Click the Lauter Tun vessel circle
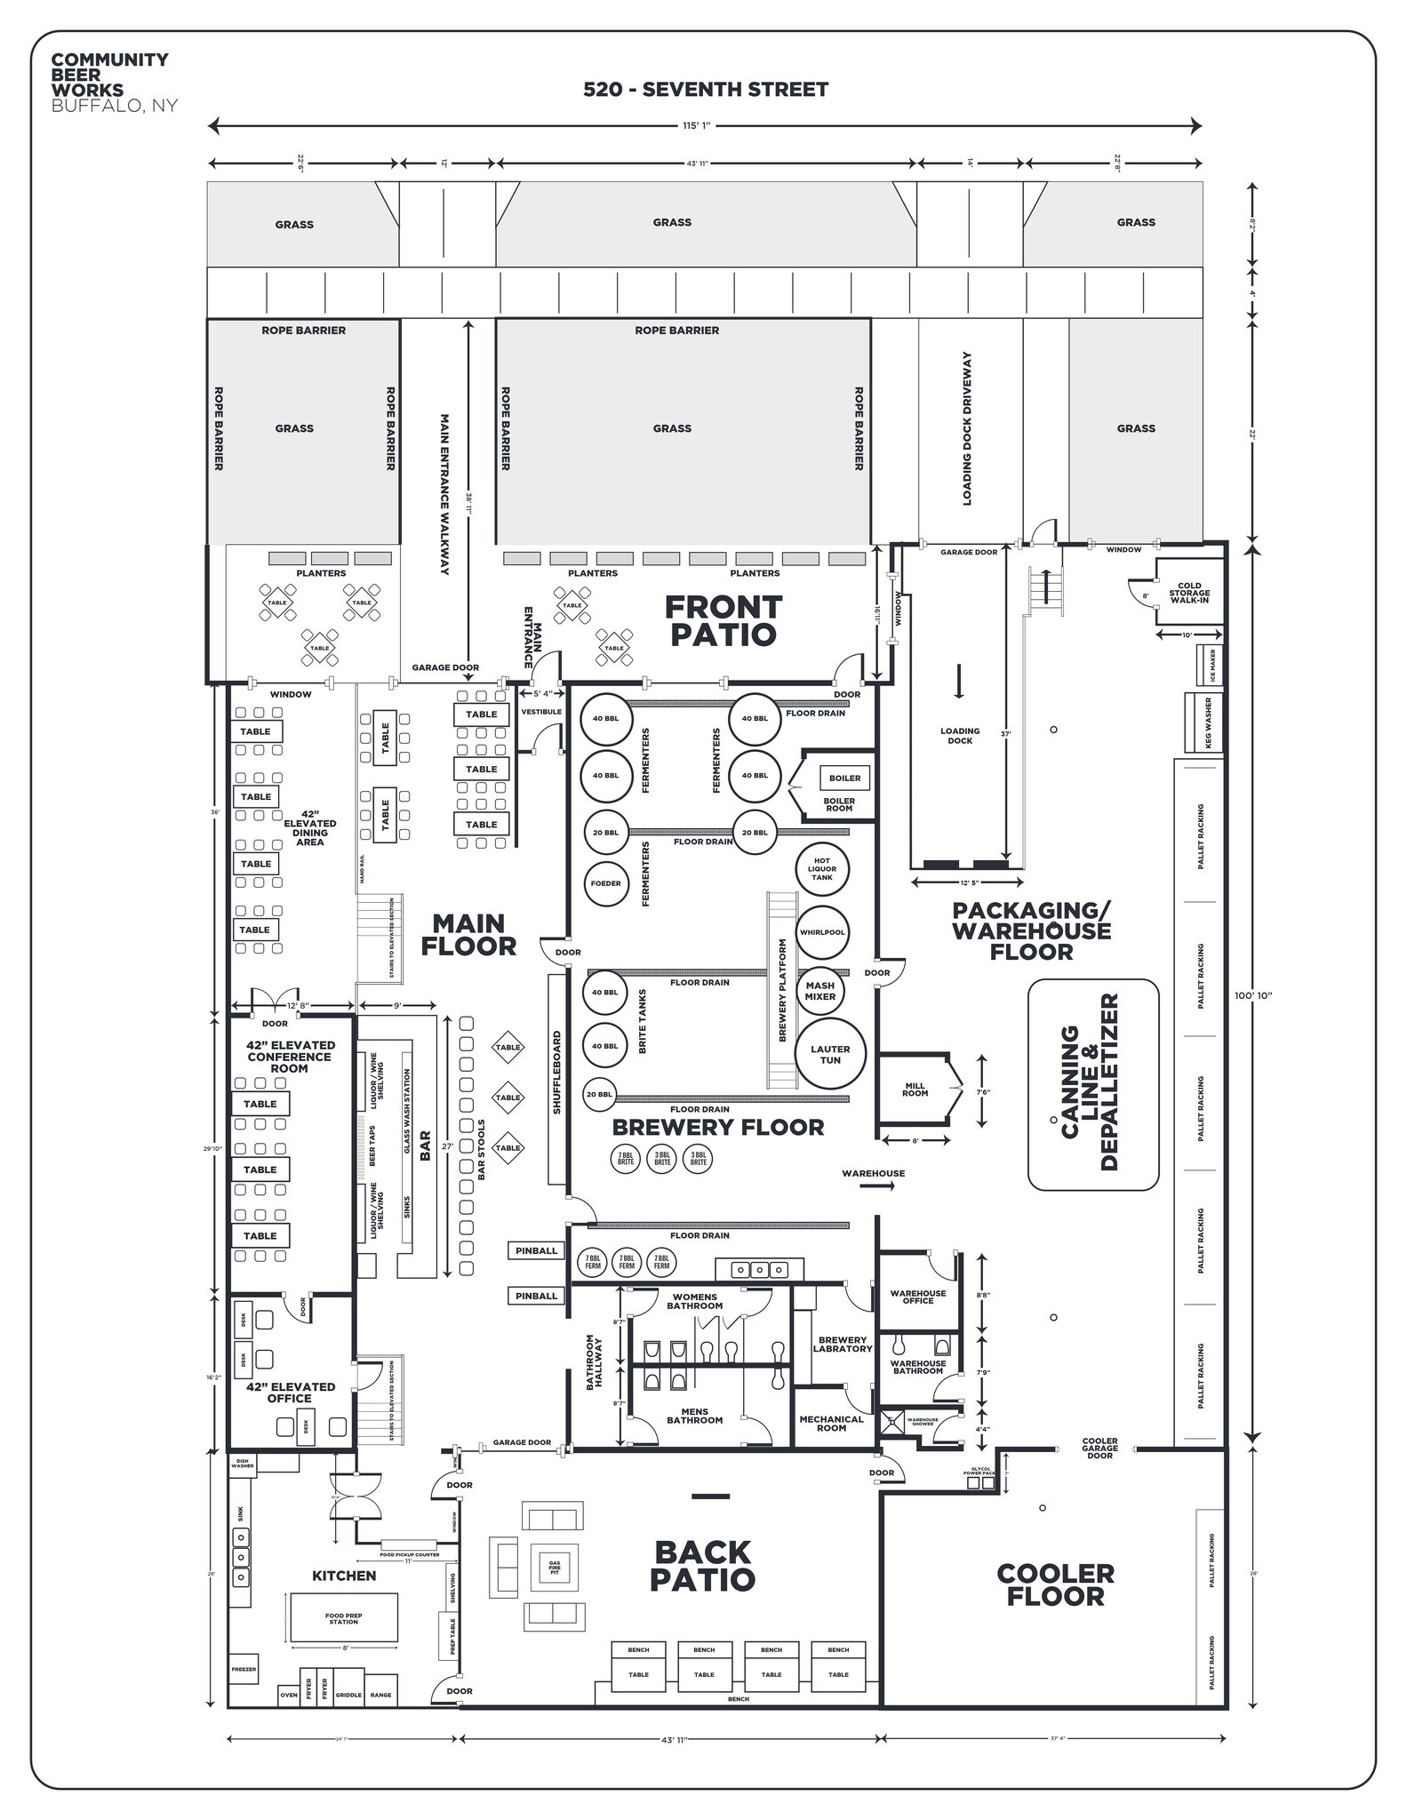tap(829, 1055)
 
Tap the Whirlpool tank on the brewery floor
tap(822, 932)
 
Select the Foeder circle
tap(606, 883)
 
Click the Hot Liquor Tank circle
tap(822, 869)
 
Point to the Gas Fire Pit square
tap(555, 1568)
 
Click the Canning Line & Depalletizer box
tap(1092, 1084)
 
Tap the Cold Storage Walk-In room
tap(1189, 593)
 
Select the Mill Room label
tap(915, 1090)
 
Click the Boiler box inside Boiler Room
tap(844, 778)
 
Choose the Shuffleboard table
tap(557, 1078)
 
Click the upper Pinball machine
tap(536, 1250)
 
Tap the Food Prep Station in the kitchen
tap(343, 1617)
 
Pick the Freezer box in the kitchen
tap(244, 1670)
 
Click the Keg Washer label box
tap(1207, 722)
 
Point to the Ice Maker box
tap(1211, 666)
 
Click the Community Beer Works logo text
tap(109, 82)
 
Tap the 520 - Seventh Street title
tap(706, 89)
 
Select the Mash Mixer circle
tap(819, 991)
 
